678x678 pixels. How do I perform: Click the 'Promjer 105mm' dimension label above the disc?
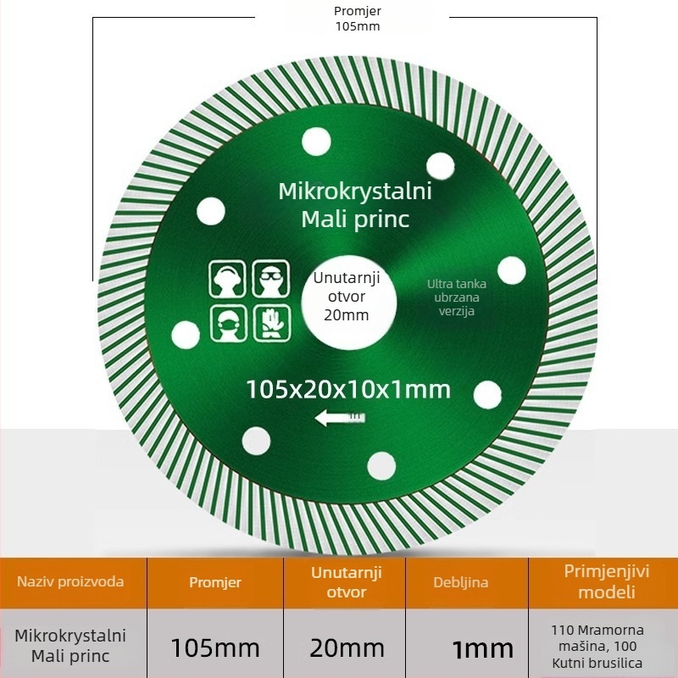[x=358, y=19]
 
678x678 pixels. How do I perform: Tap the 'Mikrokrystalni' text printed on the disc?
[x=355, y=192]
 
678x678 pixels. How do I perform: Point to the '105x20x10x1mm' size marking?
[x=348, y=389]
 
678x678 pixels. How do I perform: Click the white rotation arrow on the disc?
[x=340, y=418]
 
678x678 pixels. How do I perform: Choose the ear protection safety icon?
[x=227, y=279]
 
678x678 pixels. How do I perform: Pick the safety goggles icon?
[x=271, y=279]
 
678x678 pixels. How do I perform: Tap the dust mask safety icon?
[x=229, y=323]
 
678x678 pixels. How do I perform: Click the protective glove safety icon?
[x=272, y=323]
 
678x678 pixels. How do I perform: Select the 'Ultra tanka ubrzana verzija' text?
[x=457, y=297]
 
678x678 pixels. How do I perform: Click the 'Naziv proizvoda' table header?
[x=70, y=581]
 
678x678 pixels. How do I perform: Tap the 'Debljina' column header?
[x=461, y=582]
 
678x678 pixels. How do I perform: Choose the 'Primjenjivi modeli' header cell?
[x=607, y=581]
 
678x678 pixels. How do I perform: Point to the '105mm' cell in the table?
[x=215, y=647]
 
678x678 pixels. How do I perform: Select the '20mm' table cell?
[x=347, y=648]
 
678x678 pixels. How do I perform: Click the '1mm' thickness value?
[x=482, y=649]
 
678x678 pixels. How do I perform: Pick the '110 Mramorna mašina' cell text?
[x=597, y=638]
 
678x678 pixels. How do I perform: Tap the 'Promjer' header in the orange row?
[x=215, y=582]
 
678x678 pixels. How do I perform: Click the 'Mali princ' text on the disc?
[x=355, y=220]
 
